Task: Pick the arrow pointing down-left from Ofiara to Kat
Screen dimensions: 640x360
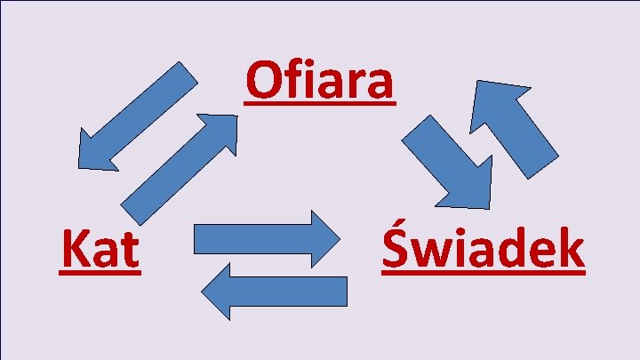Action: pos(133,118)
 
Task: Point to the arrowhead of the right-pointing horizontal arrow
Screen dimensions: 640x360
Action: pos(323,238)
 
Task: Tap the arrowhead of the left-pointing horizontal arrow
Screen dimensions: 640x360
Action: pos(219,291)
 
